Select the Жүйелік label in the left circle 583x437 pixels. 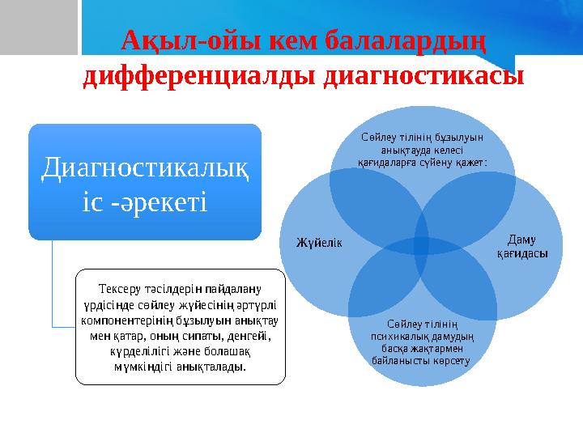point(319,242)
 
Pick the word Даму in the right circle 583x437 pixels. point(521,239)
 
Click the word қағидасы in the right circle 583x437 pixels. point(521,253)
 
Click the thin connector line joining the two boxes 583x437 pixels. point(53,283)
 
